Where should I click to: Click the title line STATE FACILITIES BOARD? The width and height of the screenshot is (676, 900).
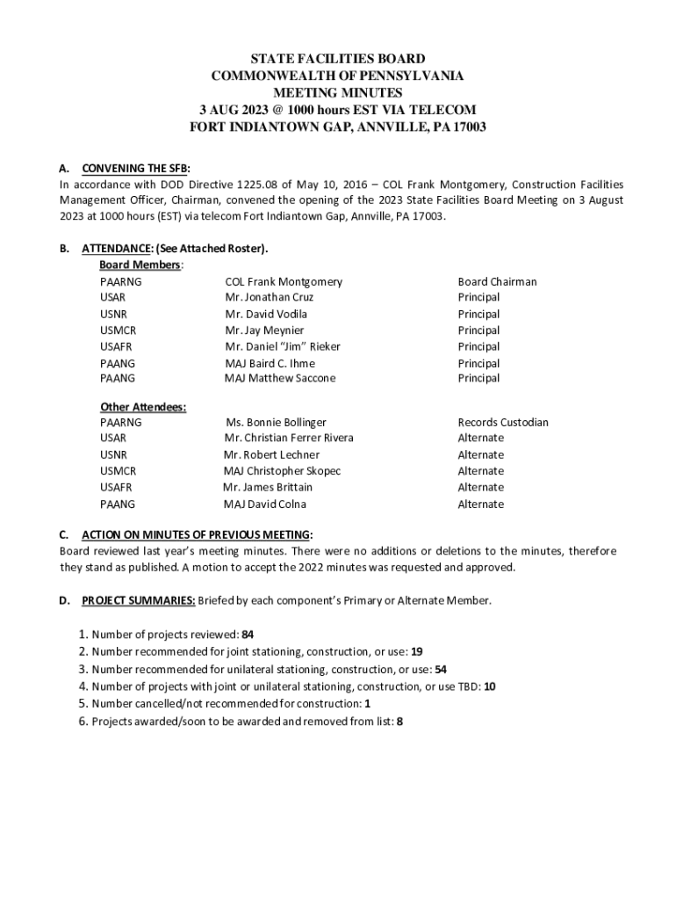click(338, 59)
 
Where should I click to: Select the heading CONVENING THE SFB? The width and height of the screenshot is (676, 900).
click(135, 168)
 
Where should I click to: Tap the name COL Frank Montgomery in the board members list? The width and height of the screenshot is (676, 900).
click(284, 282)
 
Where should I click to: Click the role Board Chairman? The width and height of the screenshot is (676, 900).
click(497, 282)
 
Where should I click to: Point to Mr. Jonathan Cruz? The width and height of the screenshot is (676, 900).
click(269, 298)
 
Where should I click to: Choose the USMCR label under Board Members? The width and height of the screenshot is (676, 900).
click(118, 330)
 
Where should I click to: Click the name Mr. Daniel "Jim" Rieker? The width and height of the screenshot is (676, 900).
click(283, 346)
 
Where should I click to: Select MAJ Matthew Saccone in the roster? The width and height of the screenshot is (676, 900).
click(280, 379)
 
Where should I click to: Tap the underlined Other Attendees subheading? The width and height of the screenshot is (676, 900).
click(142, 407)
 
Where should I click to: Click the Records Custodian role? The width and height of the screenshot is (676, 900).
click(503, 423)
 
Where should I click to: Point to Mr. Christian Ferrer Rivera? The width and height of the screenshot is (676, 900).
click(289, 439)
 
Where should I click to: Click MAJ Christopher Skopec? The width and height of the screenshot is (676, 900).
click(282, 471)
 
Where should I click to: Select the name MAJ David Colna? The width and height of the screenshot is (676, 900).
click(264, 504)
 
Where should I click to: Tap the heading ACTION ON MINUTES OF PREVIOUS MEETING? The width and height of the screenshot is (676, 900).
click(196, 534)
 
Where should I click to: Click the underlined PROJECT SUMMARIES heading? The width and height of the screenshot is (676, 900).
click(139, 601)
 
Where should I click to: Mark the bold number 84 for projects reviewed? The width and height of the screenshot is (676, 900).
click(248, 635)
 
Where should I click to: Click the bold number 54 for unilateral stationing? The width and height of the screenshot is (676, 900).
click(441, 670)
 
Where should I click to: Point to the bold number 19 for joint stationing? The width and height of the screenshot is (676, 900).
click(417, 652)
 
